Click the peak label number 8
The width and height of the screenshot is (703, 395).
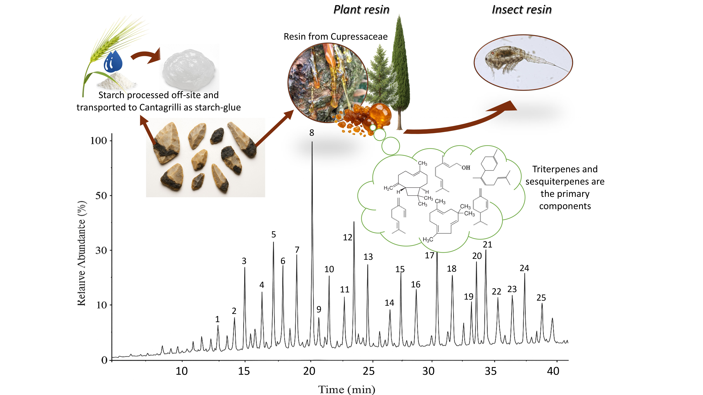tap(312, 133)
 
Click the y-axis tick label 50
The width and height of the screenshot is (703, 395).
tap(101, 196)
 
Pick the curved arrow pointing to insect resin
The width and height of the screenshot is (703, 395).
tap(461, 120)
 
